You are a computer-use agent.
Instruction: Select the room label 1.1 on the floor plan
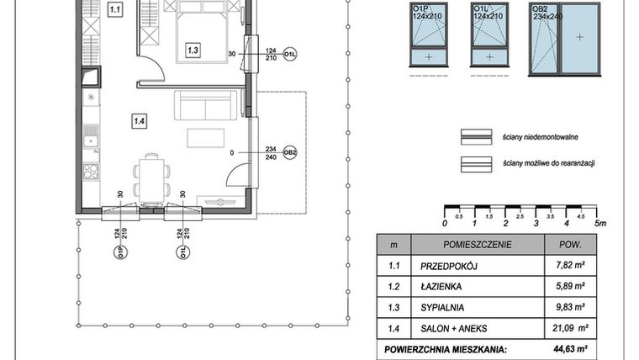116,11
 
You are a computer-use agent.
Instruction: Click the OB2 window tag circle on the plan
290,152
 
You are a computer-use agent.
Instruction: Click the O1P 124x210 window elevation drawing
430,40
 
